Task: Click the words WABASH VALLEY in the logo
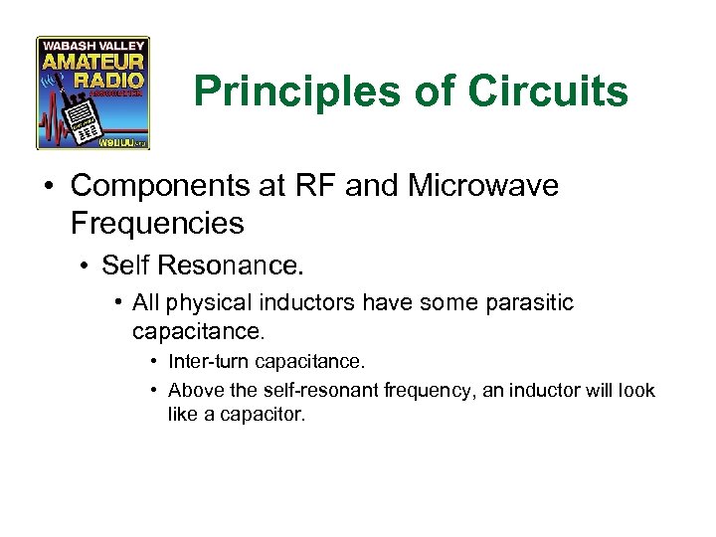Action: coord(92,46)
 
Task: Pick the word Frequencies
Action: coord(157,223)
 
